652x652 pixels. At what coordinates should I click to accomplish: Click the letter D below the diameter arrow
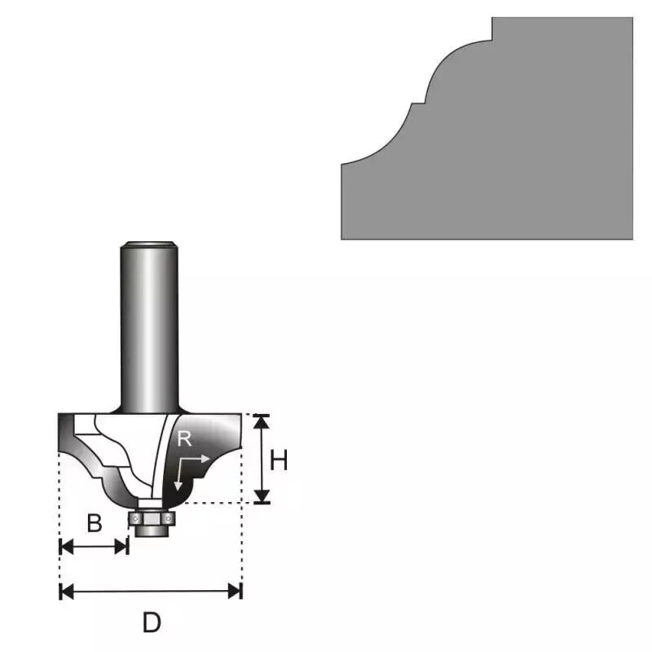151,623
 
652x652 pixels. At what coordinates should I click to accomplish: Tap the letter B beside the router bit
95,523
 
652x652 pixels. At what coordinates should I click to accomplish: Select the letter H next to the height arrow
279,460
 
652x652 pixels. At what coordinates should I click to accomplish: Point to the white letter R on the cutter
185,440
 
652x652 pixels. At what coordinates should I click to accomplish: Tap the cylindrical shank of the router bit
149,326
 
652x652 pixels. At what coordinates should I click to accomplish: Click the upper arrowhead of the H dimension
261,420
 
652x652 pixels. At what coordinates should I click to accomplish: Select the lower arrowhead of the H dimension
261,497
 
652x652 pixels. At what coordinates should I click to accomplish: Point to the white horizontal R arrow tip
207,458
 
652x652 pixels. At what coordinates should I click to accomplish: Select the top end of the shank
149,244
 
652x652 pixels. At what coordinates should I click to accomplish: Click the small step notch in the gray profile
416,103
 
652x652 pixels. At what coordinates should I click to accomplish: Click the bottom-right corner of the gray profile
632,237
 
